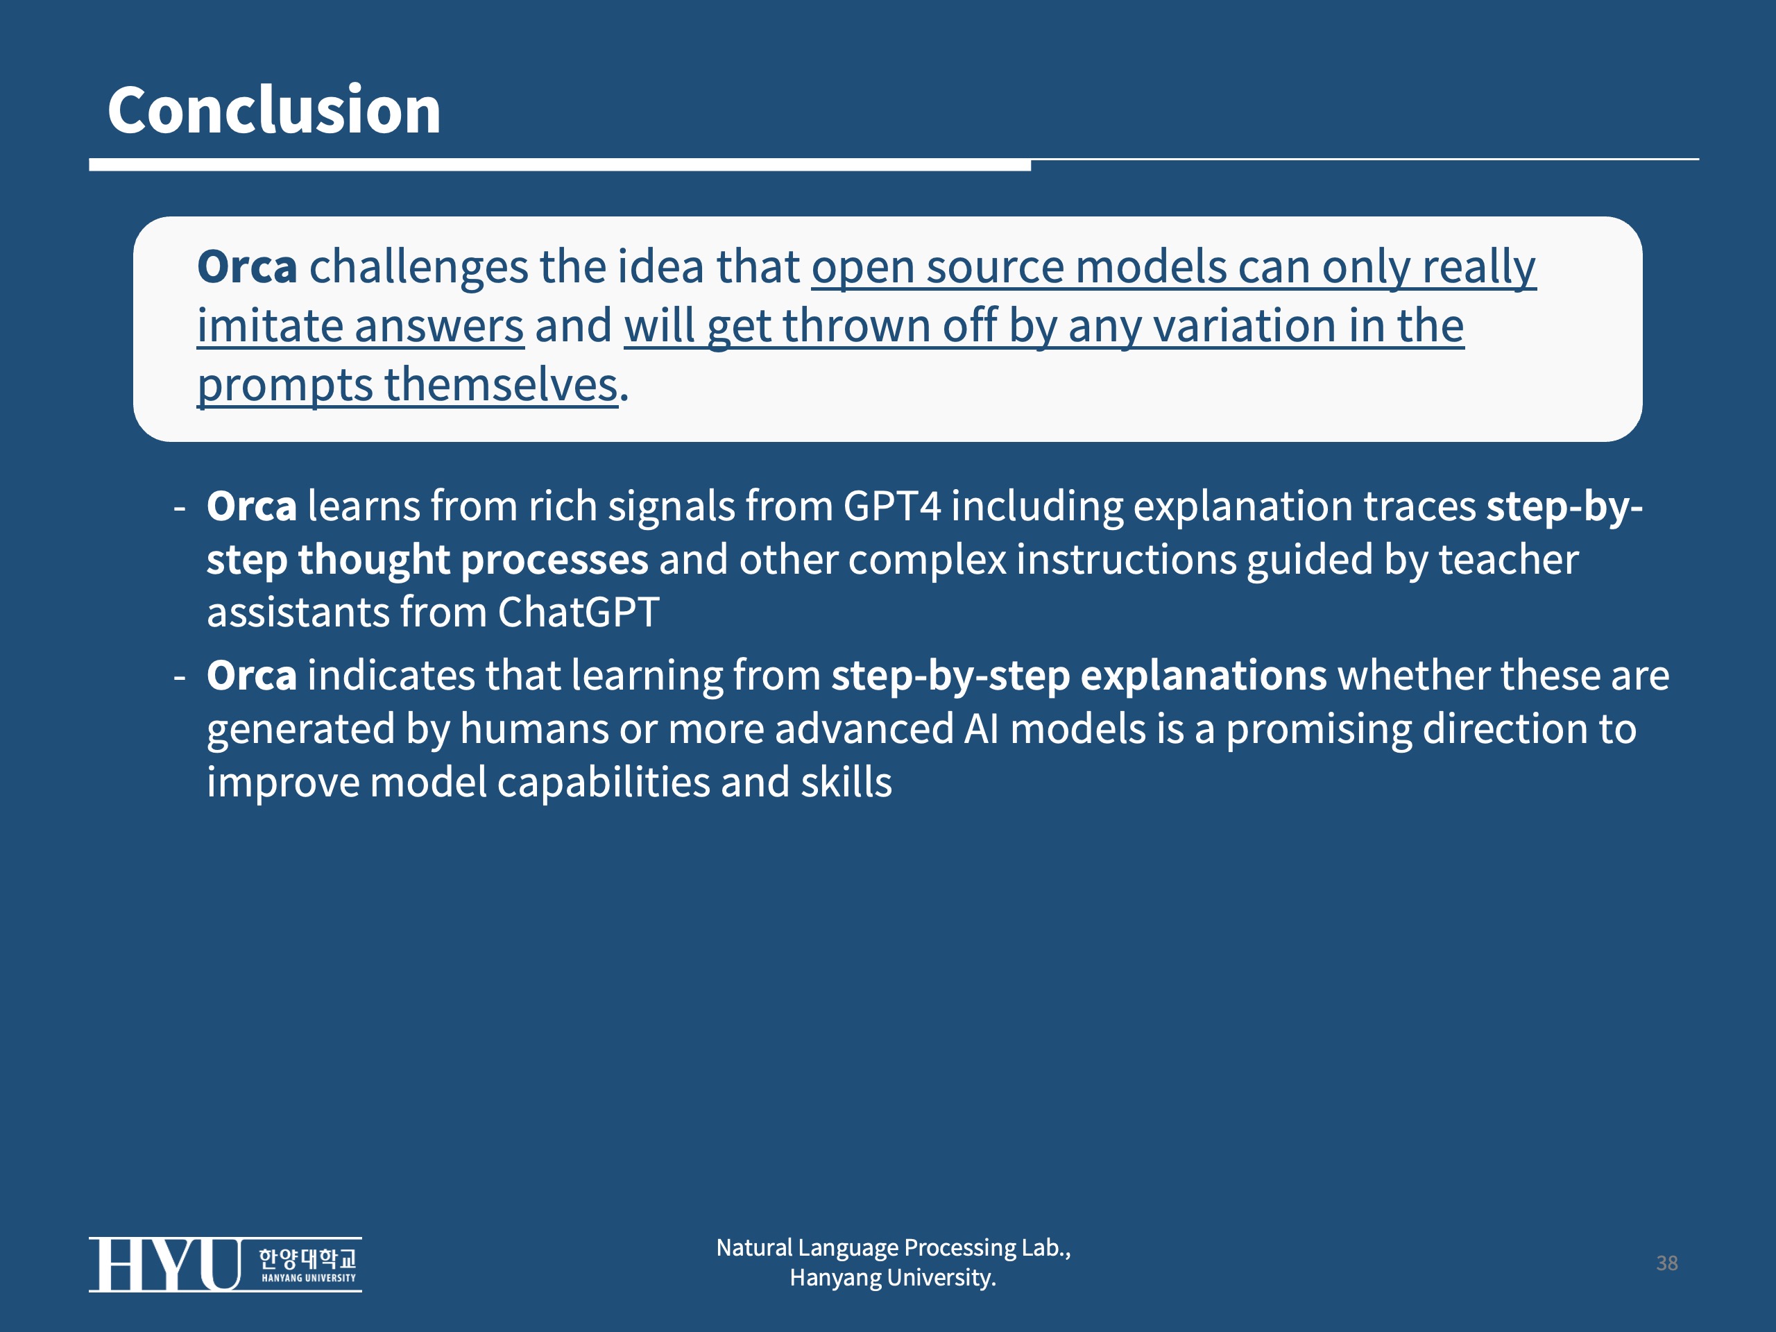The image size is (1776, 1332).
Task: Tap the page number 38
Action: coord(1667,1263)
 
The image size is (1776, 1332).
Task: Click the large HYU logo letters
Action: coord(165,1265)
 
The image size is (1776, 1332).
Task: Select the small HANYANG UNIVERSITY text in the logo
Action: coord(308,1277)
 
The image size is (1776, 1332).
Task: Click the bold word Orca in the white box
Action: coord(247,266)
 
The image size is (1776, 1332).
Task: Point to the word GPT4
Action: coord(891,506)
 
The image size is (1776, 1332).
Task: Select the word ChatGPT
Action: coord(578,613)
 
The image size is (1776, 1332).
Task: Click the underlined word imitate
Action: coord(270,326)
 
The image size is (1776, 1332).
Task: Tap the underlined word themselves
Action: coord(501,384)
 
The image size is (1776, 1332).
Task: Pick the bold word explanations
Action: coord(1204,676)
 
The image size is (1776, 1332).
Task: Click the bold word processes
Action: coord(555,561)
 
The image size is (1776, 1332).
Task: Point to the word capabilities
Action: coord(604,783)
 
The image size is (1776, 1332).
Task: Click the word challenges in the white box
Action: coord(418,267)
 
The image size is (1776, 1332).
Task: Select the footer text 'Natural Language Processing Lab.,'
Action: coord(894,1247)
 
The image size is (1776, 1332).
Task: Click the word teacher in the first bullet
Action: coord(1508,560)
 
